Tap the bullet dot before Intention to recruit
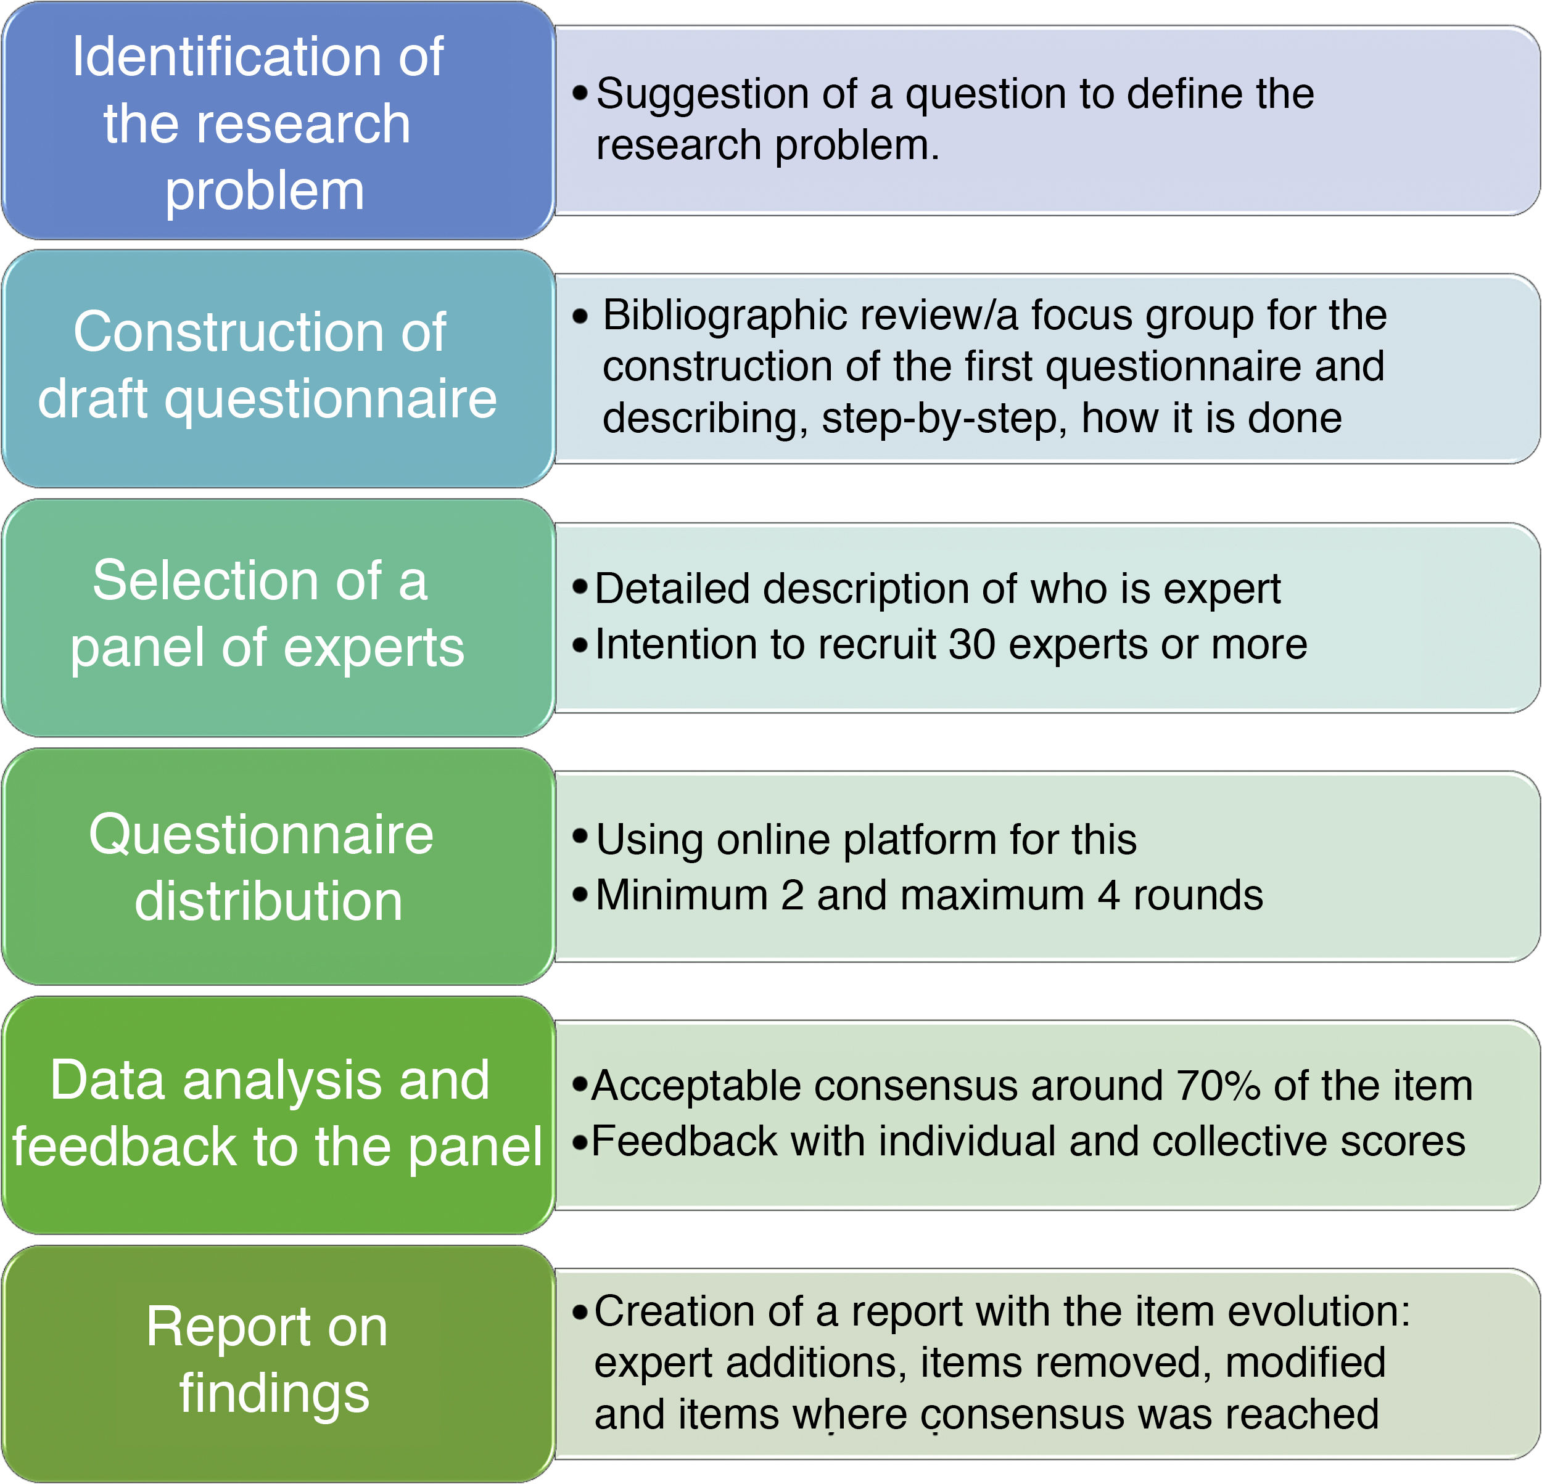[x=580, y=646]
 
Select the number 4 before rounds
[x=1108, y=895]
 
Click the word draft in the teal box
[x=93, y=399]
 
